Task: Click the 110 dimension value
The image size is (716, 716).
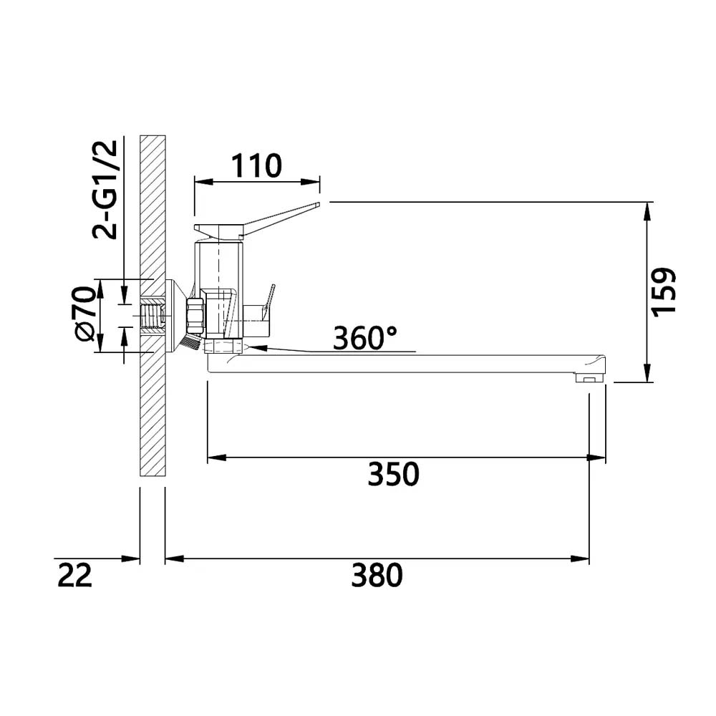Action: [x=256, y=165]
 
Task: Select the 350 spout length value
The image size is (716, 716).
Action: [x=393, y=474]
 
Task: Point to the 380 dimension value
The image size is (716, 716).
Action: [x=377, y=576]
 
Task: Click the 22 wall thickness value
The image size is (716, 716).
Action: [x=75, y=576]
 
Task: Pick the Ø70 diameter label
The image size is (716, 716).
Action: [x=85, y=314]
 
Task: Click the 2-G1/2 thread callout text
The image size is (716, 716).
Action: [x=105, y=189]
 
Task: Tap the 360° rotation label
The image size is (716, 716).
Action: [x=365, y=339]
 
